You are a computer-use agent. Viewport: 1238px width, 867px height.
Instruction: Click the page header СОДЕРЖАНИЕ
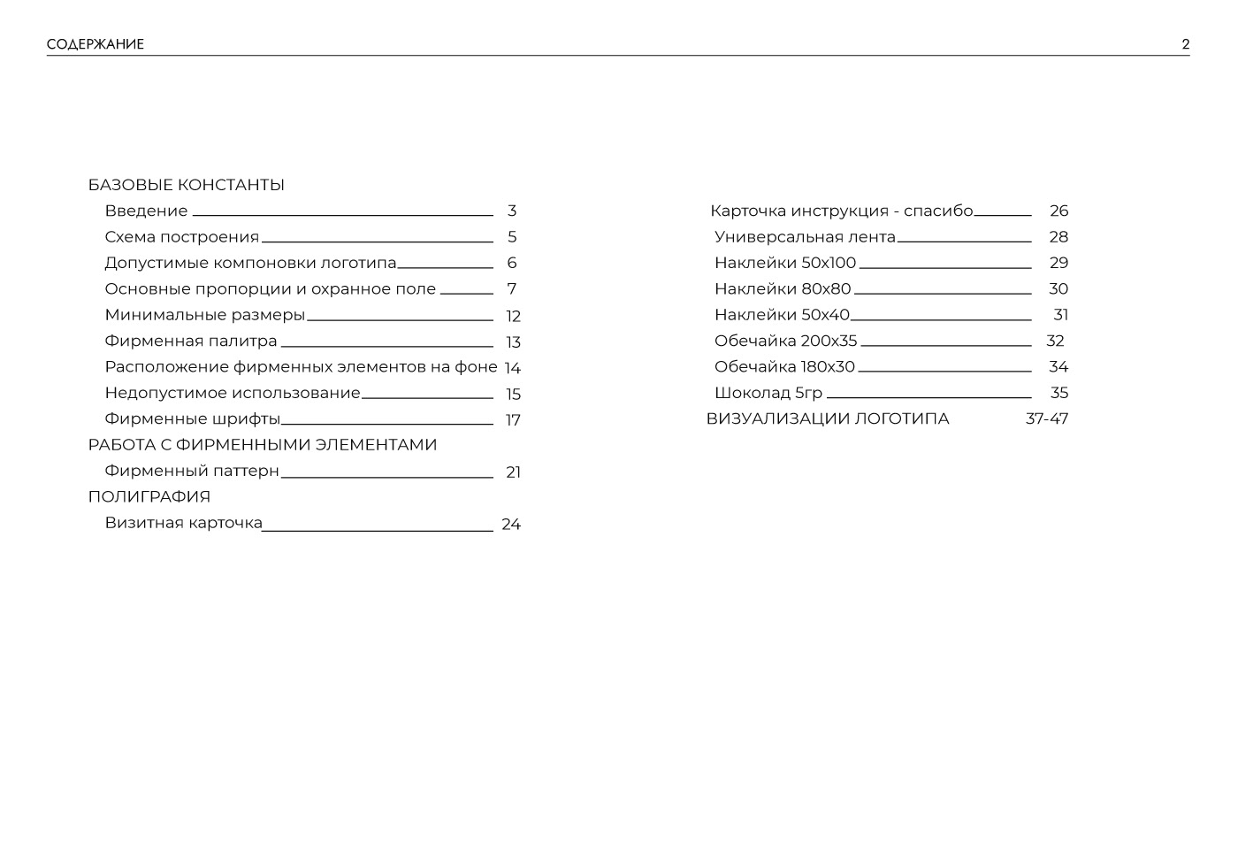coord(96,44)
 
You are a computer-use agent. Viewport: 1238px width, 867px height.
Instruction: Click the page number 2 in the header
coord(1185,44)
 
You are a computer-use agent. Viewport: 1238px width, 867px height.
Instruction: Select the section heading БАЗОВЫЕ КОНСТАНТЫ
coord(186,185)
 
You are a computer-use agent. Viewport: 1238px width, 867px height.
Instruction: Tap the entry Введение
coord(146,211)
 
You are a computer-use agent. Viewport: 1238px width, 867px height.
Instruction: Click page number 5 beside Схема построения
coord(512,237)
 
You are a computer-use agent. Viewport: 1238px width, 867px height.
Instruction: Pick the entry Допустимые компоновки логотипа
coord(250,263)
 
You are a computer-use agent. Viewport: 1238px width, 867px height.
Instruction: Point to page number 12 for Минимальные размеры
coord(513,316)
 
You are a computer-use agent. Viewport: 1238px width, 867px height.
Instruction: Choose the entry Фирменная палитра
coord(191,341)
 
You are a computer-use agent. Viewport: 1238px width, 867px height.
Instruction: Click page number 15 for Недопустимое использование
coord(513,394)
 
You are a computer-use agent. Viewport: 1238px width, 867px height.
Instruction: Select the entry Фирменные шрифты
coord(192,418)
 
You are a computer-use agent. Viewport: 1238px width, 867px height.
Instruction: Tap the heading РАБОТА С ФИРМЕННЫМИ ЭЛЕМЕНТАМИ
coord(263,444)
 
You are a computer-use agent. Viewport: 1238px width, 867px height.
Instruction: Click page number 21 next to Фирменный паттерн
coord(513,472)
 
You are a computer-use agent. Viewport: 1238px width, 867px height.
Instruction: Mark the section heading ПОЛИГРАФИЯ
coord(149,496)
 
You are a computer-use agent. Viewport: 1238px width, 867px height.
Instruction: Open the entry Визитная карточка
coord(183,522)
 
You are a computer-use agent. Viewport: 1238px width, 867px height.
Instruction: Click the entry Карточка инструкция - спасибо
coord(841,211)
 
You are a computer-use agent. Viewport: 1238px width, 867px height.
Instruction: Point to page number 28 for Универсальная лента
coord(1058,237)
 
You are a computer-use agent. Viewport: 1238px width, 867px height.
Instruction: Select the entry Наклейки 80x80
coord(783,288)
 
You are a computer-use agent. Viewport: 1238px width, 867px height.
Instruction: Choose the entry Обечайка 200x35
coord(786,341)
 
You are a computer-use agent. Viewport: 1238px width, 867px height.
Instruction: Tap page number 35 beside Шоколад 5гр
coord(1058,393)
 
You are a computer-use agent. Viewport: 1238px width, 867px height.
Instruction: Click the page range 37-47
coord(1047,418)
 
